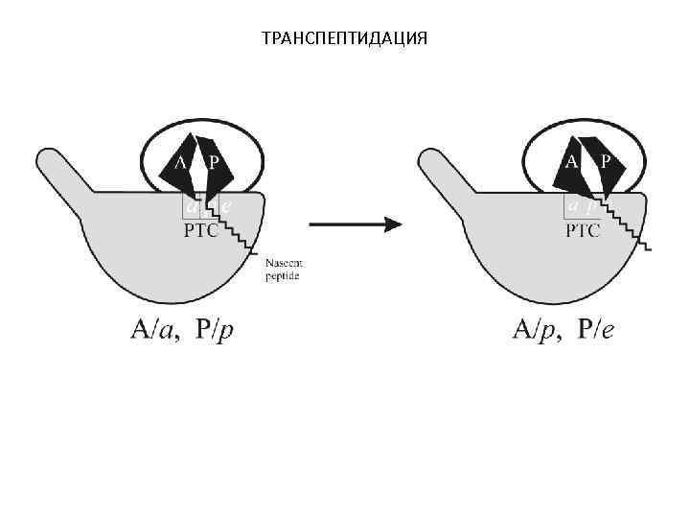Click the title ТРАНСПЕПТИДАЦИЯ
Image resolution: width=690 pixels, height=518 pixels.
point(344,37)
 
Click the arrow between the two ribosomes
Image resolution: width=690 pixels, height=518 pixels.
point(354,224)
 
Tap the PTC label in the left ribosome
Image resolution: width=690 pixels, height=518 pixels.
point(200,230)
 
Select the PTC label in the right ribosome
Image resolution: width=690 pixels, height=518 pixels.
point(583,230)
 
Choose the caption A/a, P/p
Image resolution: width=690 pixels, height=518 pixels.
point(183,332)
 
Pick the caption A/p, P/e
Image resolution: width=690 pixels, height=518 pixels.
point(565,332)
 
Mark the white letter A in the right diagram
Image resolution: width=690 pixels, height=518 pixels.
point(571,161)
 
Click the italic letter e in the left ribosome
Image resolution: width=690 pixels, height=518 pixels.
point(225,205)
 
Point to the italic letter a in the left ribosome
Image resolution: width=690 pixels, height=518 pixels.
point(192,205)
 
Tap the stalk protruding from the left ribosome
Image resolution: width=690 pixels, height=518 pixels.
point(61,172)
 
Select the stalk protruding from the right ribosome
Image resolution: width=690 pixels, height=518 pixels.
point(445,172)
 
